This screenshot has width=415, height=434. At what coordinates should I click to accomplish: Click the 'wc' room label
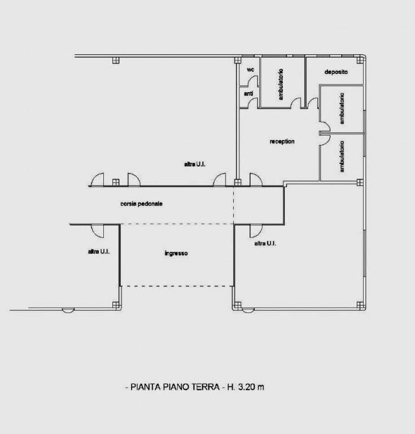click(250, 70)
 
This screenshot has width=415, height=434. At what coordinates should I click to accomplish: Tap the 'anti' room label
click(248, 94)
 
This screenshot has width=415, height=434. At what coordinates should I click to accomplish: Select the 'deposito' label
click(336, 72)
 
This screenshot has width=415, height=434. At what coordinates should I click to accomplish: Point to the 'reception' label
click(282, 141)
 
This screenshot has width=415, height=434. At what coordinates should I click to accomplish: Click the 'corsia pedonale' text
click(141, 203)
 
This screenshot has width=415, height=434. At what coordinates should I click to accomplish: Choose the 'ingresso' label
click(176, 253)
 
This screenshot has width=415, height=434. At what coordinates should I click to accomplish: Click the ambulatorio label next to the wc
click(281, 84)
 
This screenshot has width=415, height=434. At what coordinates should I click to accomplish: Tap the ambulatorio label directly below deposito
click(342, 108)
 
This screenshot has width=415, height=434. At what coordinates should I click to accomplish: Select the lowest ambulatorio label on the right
click(342, 157)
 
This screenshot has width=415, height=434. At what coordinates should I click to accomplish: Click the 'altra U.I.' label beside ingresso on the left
click(99, 251)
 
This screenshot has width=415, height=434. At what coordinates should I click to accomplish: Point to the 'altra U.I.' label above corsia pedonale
click(195, 164)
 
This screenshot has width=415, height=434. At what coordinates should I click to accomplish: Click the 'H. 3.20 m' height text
click(246, 387)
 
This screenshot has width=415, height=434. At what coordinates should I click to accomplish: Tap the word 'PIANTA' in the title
click(146, 387)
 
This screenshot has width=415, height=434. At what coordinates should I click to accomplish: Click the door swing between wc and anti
click(253, 81)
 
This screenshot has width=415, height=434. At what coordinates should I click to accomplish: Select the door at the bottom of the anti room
click(253, 103)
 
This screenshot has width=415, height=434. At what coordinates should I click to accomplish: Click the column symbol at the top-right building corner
click(360, 60)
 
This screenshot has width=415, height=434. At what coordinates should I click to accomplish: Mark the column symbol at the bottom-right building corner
click(360, 305)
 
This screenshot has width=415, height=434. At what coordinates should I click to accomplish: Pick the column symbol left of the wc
click(238, 60)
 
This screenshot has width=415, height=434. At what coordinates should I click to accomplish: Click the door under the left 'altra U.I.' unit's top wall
click(97, 231)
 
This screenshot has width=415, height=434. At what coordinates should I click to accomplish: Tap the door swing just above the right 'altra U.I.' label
click(256, 231)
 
